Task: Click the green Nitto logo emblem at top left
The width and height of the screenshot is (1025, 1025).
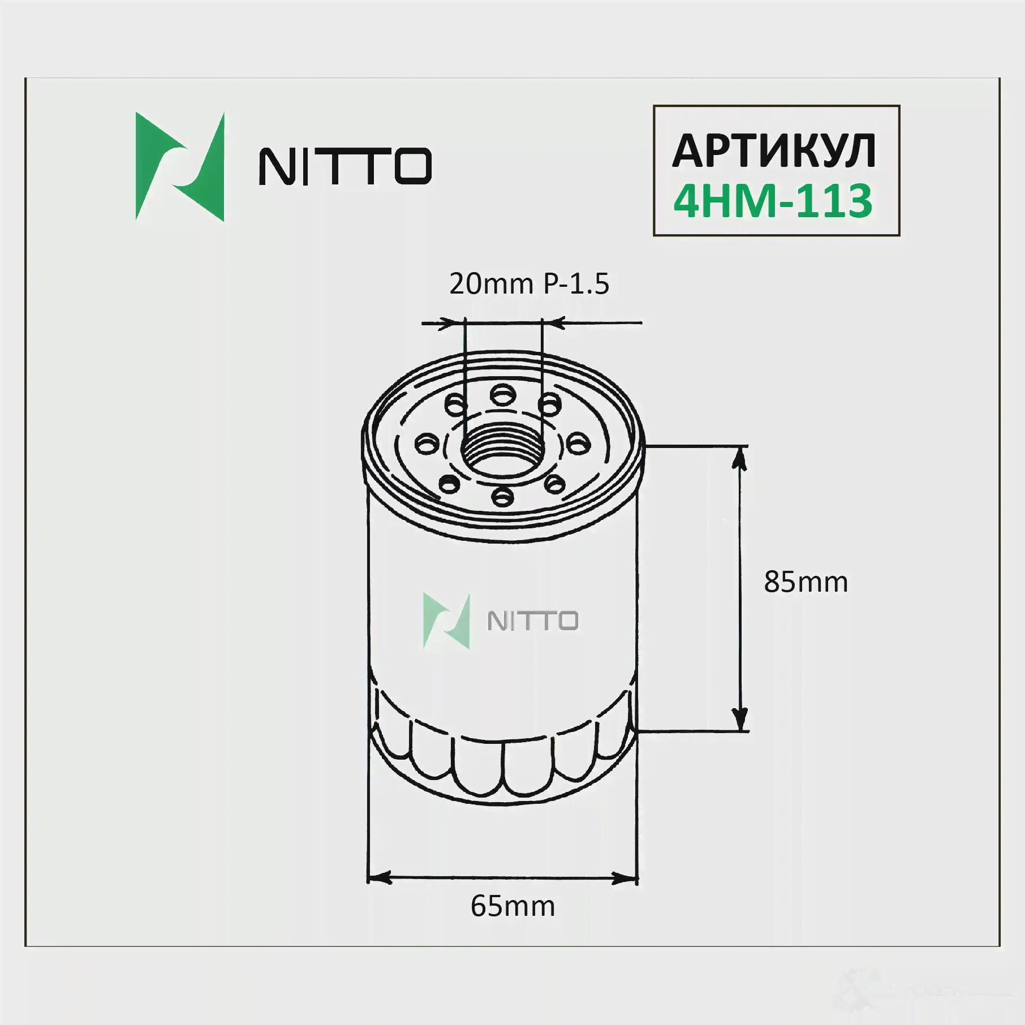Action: click(x=180, y=166)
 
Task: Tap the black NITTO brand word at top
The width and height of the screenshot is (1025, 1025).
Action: click(x=345, y=166)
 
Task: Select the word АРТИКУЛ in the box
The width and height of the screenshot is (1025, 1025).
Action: click(x=774, y=152)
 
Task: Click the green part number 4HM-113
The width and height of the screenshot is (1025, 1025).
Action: click(x=773, y=201)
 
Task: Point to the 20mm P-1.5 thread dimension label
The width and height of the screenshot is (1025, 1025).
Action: click(x=529, y=284)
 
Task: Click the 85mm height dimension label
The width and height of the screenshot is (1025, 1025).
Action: click(x=806, y=582)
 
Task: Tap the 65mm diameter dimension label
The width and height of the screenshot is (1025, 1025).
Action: click(x=512, y=906)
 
